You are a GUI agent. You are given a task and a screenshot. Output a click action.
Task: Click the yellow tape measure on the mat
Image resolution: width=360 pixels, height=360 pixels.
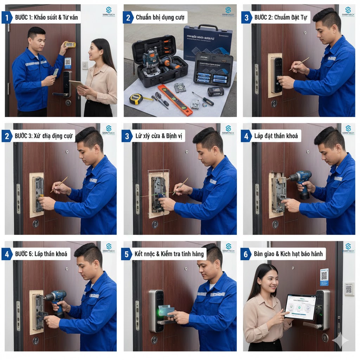click(136, 99)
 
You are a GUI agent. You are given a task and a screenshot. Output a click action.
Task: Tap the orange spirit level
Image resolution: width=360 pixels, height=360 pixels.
click(175, 99)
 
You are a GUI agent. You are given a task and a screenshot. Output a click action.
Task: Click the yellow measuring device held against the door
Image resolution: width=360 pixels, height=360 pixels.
click(70, 44)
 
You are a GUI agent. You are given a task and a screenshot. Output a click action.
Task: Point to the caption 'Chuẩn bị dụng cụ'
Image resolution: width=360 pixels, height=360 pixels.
click(157, 17)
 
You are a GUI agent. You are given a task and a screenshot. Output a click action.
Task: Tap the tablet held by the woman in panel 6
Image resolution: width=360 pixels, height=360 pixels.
click(300, 307)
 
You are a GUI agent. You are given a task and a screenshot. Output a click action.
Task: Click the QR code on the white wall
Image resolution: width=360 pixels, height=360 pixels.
click(348, 289)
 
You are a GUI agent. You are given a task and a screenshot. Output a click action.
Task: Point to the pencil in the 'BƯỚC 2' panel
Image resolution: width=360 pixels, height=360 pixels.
click(299, 64)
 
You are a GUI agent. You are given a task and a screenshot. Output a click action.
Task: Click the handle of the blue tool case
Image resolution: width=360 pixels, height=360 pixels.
click(207, 27)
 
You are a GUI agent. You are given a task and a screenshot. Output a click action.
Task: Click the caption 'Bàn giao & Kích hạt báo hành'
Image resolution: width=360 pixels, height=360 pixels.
click(288, 254)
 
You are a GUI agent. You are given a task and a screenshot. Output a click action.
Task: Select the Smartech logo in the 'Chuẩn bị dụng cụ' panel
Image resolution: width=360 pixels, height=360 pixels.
click(228, 12)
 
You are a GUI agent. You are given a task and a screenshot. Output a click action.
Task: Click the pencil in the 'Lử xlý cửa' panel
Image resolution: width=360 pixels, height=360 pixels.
click(180, 186)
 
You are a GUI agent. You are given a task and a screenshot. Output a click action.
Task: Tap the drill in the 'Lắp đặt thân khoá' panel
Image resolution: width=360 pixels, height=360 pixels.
click(301, 181)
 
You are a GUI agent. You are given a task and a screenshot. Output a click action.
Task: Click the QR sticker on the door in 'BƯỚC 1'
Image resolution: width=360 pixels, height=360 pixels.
click(67, 63)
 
